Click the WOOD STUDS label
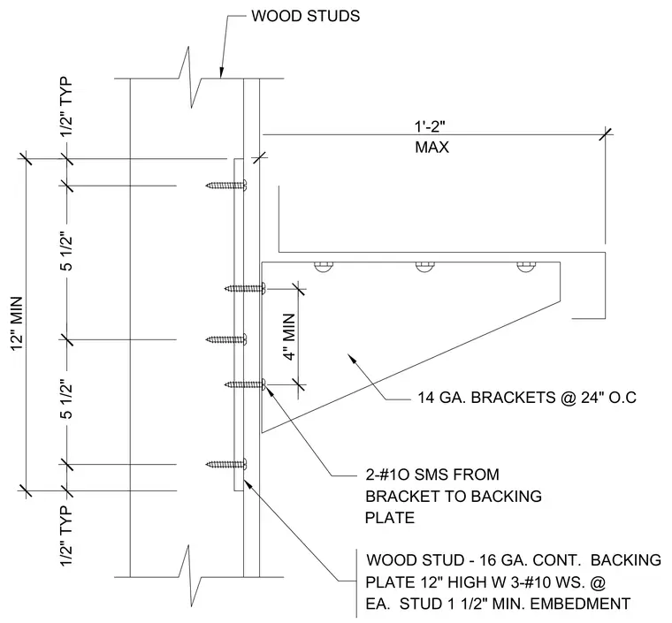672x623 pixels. click(305, 16)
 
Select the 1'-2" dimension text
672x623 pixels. click(430, 126)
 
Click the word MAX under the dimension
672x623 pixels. click(432, 148)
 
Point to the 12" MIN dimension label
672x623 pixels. click(18, 323)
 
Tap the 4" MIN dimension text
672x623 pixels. click(290, 337)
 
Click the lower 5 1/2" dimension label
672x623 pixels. click(66, 399)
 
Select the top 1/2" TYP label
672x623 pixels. click(66, 107)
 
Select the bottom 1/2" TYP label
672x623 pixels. click(66, 536)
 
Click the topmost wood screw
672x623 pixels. click(226, 186)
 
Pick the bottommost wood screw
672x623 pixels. click(226, 463)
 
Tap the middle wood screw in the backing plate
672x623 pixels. click(226, 339)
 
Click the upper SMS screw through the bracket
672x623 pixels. click(245, 289)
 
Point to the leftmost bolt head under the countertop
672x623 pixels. click(324, 266)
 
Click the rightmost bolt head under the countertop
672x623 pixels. click(526, 266)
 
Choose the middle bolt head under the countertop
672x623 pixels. click(425, 266)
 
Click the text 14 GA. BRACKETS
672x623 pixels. click(486, 398)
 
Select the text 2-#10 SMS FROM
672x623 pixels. click(432, 475)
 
